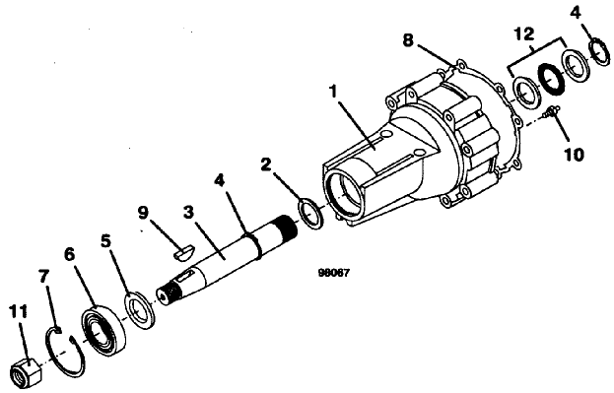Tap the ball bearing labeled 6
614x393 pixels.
tap(104, 328)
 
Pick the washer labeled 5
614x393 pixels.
tap(139, 309)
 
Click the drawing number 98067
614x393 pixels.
tap(333, 273)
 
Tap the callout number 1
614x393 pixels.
tap(334, 93)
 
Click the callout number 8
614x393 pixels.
tap(408, 40)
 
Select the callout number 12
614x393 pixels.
tap(523, 33)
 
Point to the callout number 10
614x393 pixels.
tap(574, 155)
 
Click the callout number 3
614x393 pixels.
tap(188, 213)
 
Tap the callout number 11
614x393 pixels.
tap(19, 312)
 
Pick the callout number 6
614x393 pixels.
tap(69, 255)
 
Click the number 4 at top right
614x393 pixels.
tap(576, 13)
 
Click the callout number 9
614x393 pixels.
tap(143, 213)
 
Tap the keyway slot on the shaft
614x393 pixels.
tap(186, 275)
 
